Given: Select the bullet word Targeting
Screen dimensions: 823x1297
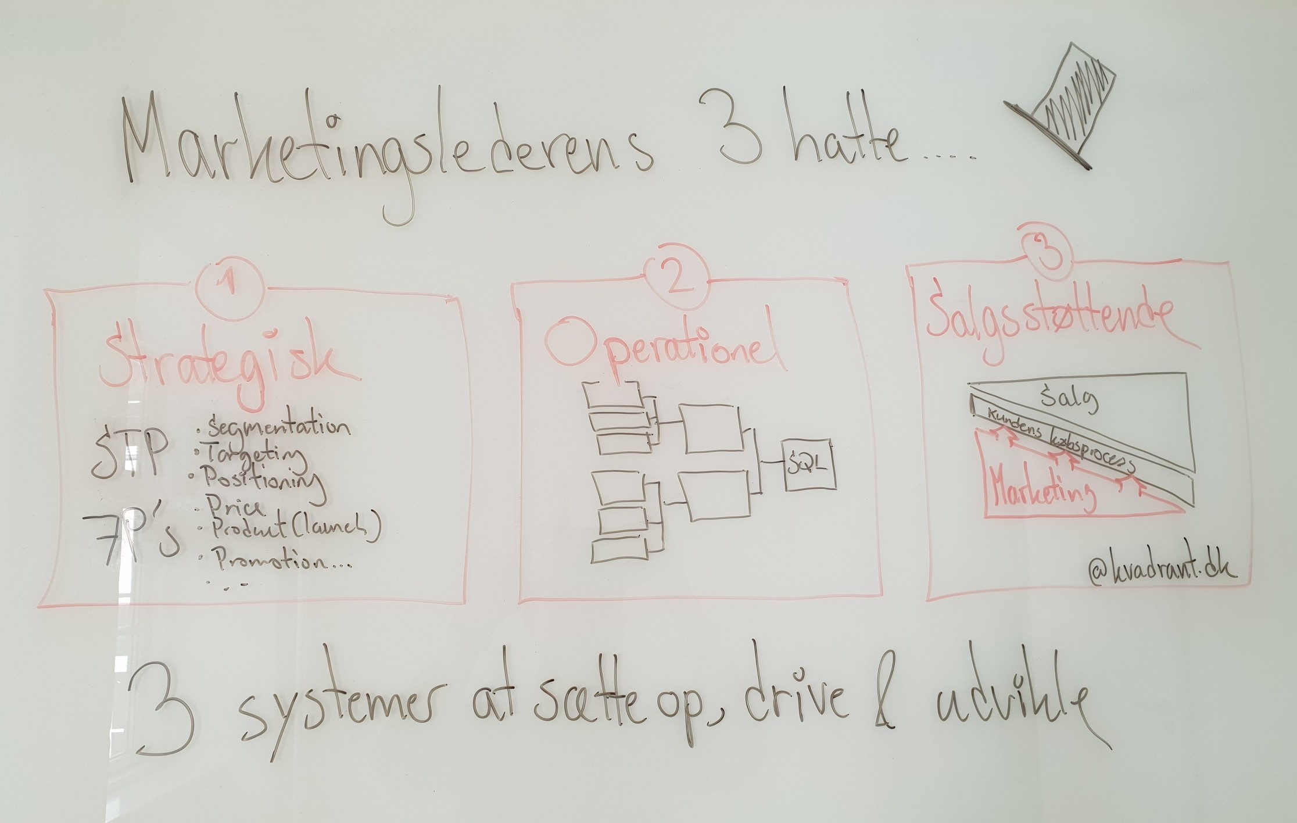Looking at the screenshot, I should tap(256, 456).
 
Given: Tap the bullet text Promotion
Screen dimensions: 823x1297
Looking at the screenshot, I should tap(279, 561).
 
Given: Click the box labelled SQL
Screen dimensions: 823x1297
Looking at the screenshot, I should tap(809, 464).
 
